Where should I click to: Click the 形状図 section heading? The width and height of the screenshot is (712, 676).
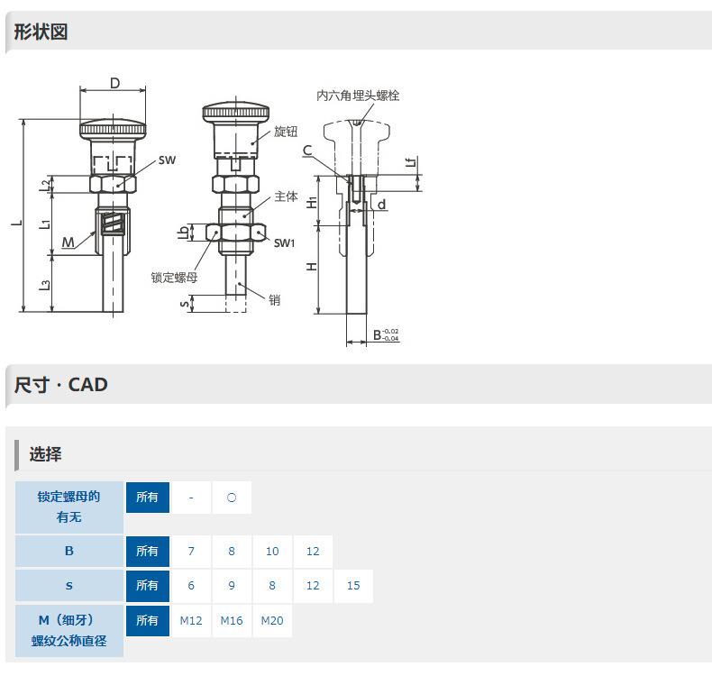pos(41,32)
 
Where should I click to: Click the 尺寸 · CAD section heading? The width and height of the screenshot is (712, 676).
pos(61,385)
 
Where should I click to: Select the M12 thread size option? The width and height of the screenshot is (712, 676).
pos(191,620)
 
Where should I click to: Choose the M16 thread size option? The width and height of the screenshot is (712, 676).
pos(232,620)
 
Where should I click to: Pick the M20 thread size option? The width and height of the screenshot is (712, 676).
pos(272,620)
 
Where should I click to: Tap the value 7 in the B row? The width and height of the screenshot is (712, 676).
pos(191,551)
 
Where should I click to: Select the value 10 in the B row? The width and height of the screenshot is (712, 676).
pos(272,551)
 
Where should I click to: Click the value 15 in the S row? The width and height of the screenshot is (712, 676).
pos(353,585)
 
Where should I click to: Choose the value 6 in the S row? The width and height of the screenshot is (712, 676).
pos(191,585)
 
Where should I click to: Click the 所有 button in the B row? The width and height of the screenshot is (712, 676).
pos(147,551)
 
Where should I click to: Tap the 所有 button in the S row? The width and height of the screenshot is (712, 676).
pos(147,585)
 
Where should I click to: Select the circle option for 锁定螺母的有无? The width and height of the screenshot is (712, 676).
pos(232,498)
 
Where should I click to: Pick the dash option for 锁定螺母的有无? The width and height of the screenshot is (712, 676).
pos(191,498)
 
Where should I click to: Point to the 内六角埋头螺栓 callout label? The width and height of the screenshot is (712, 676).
pos(358,95)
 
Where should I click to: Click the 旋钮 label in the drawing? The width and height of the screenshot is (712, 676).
pos(286,132)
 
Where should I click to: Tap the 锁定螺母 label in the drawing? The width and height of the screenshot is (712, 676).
pos(174,277)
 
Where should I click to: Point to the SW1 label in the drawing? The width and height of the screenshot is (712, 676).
pos(285,243)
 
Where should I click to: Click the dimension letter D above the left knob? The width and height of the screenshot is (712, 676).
pos(114,83)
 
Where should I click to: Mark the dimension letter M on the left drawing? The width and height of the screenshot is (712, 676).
pos(68,242)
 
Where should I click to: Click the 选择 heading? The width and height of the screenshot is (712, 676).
pos(45,454)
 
